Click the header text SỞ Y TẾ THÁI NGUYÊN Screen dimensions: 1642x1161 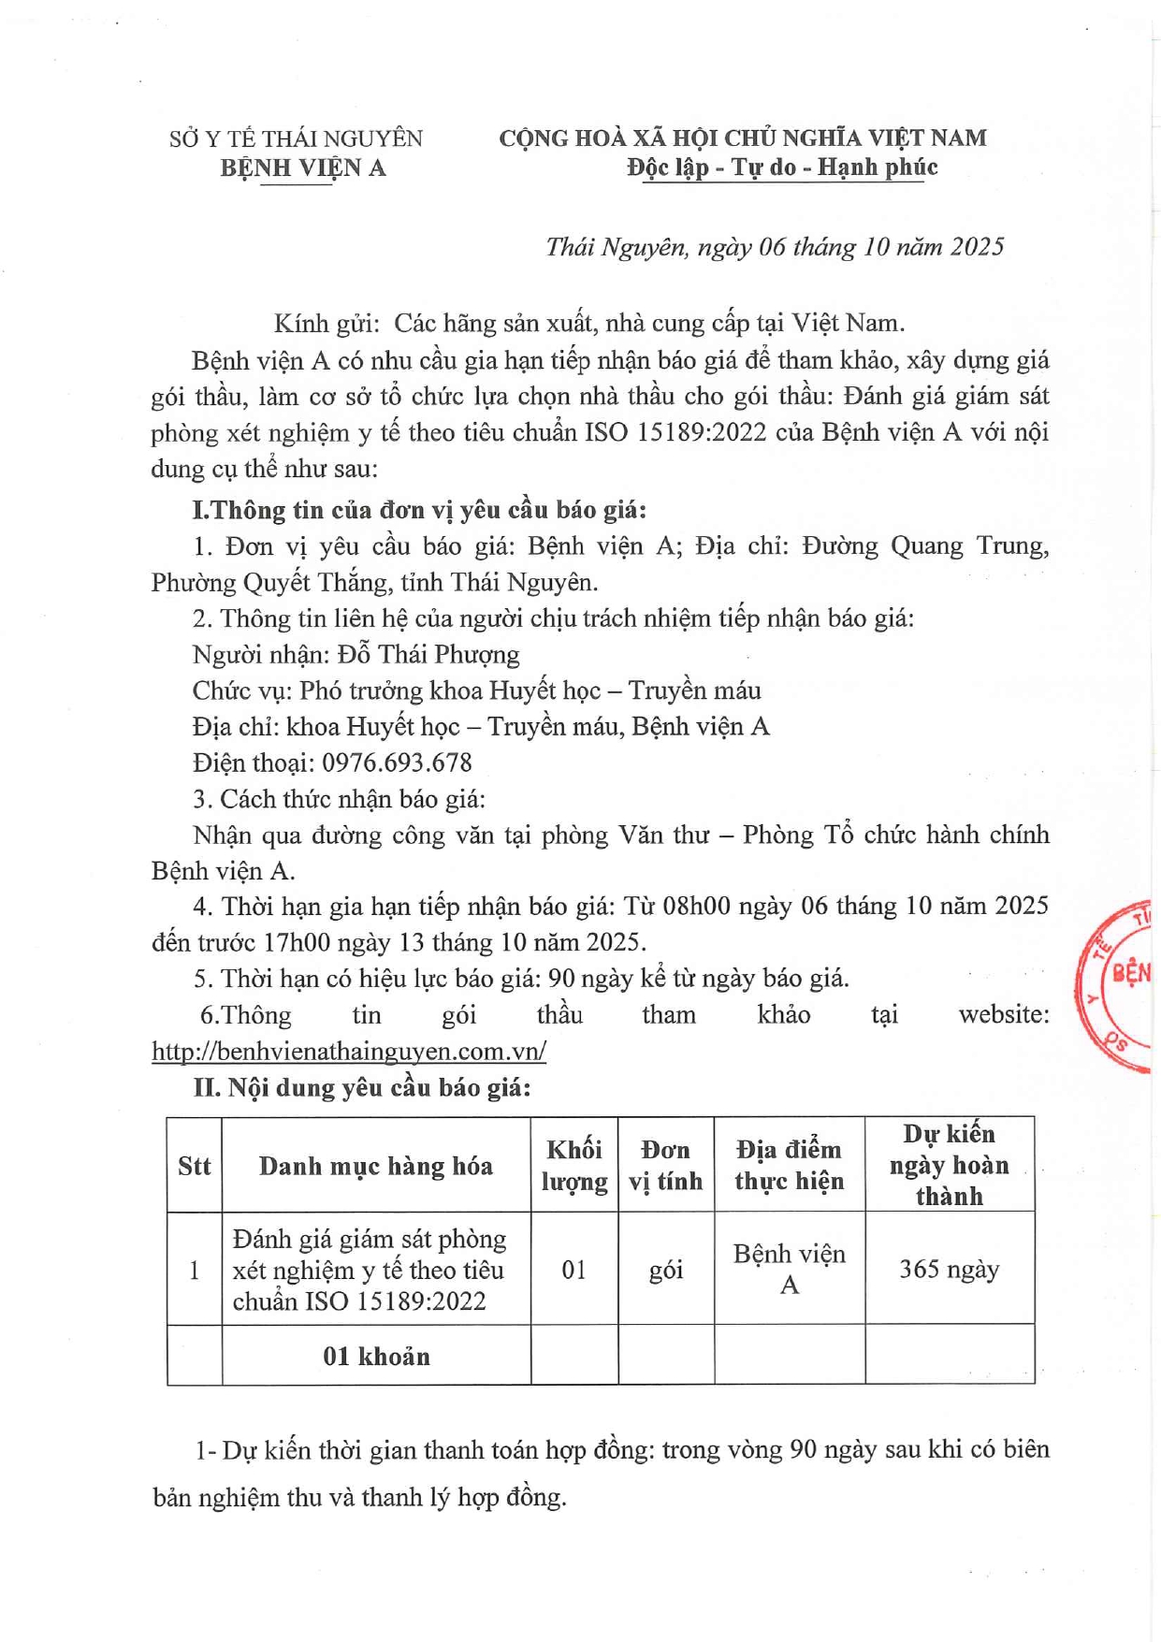[x=296, y=139]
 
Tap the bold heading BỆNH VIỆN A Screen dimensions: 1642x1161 [x=303, y=168]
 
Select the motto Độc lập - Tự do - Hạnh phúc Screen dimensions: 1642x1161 [x=782, y=167]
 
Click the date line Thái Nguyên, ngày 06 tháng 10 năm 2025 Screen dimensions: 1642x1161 [x=775, y=247]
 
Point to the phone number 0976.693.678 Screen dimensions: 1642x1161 [x=397, y=763]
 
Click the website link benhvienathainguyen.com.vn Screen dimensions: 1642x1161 [x=349, y=1051]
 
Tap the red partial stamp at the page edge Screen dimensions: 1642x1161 [x=1118, y=986]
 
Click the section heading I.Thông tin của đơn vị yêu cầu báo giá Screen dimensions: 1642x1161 [x=419, y=510]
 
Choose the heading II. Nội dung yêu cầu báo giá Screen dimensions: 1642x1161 [x=362, y=1088]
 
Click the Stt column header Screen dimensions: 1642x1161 [x=195, y=1166]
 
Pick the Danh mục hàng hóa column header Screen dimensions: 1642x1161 [x=376, y=1166]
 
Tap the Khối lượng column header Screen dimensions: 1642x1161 [x=574, y=1166]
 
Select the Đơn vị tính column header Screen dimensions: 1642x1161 [x=665, y=1166]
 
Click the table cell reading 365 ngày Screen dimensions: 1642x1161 [x=949, y=1270]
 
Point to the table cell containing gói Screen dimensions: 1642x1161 [x=665, y=1270]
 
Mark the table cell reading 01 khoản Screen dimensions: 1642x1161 [x=376, y=1356]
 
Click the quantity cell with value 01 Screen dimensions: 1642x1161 [x=574, y=1270]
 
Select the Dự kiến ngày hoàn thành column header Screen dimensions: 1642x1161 [x=949, y=1165]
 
